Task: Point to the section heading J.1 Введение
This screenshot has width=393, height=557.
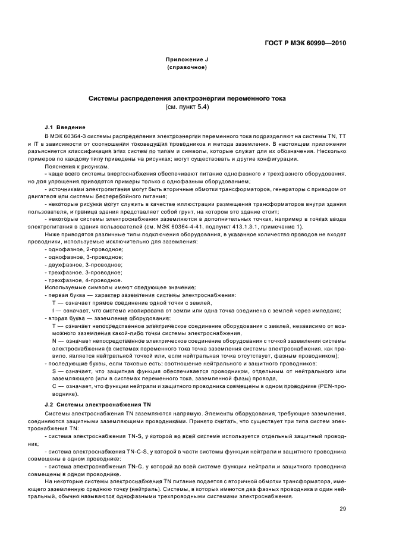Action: point(65,127)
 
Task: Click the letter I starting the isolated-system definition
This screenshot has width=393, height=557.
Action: point(54,309)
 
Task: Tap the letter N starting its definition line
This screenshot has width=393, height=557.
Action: point(54,340)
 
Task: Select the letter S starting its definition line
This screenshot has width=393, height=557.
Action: point(54,371)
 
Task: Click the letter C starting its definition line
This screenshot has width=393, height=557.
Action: point(54,386)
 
